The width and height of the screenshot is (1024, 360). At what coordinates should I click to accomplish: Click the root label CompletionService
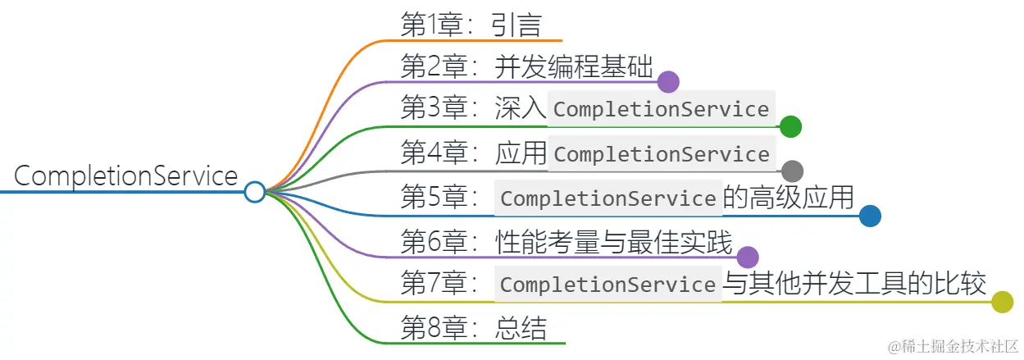point(126,176)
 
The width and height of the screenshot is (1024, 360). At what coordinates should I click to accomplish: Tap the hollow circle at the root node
point(255,192)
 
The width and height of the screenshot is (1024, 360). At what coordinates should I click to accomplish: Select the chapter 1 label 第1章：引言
point(471,25)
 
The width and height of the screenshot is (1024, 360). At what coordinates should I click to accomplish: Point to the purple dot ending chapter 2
point(668,82)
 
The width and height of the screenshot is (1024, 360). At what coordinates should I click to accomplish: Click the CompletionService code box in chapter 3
point(662,109)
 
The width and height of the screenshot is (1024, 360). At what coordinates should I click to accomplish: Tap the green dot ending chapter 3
point(790,126)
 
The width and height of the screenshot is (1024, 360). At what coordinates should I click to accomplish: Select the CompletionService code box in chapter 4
point(662,154)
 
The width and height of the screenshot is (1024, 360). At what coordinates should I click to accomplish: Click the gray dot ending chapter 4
point(791,171)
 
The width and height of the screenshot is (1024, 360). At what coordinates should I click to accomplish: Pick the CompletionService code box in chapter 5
point(608,198)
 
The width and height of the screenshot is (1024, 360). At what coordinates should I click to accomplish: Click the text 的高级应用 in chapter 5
point(789,198)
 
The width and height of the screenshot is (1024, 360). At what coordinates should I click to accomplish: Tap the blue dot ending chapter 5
point(870,216)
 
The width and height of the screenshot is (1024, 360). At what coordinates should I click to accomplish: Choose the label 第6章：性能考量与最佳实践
point(566,241)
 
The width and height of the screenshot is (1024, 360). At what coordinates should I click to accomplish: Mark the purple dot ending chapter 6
point(747,257)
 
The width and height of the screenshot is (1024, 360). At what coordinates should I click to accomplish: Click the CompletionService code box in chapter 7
point(608,285)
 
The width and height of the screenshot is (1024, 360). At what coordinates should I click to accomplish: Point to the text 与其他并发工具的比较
point(854,284)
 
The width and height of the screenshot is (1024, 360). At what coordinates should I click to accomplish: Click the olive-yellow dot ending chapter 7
point(1002,302)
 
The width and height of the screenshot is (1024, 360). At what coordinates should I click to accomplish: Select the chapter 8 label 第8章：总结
point(473,328)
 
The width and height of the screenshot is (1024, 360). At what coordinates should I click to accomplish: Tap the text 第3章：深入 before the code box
point(473,110)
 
